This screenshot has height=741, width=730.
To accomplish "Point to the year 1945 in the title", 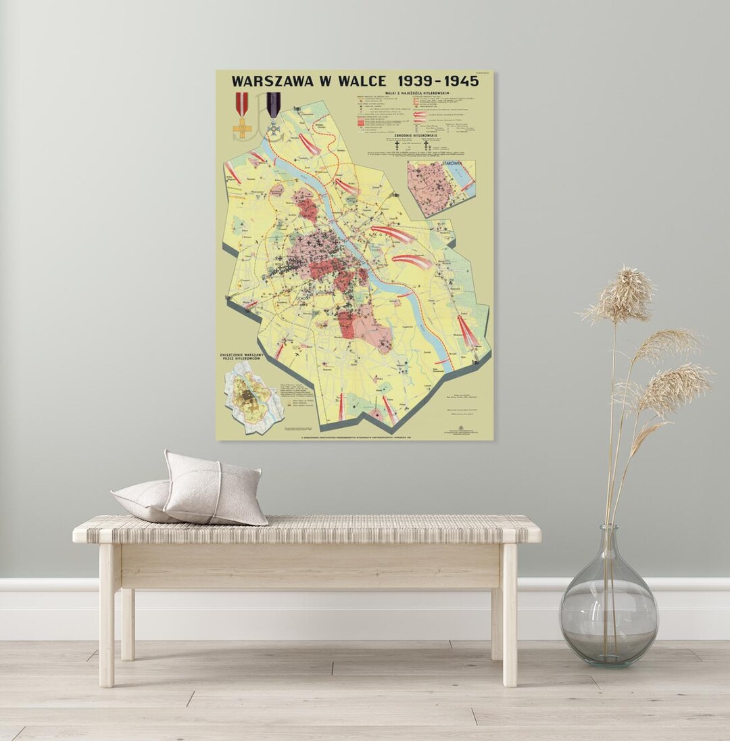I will pyautogui.click(x=458, y=80).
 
